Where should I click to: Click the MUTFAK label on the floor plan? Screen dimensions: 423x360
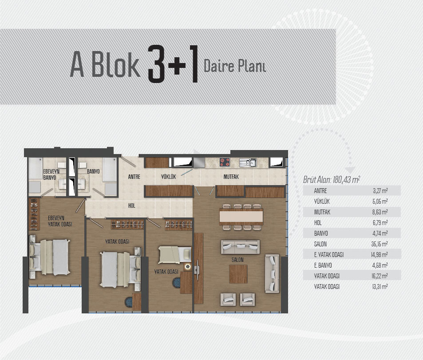point(231,177)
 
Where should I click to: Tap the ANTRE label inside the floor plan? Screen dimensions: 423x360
point(134,177)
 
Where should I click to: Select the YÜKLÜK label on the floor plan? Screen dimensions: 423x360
point(168,177)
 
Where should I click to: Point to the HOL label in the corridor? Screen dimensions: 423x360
point(132,206)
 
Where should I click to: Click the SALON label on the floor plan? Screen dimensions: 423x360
point(237,260)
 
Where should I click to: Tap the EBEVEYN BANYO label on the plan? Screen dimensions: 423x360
point(51,174)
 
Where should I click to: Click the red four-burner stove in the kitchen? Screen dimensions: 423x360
point(225,162)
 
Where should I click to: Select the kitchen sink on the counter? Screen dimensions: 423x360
point(248,162)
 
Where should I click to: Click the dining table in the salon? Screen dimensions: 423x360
point(241,216)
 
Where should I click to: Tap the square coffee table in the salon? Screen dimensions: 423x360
point(238,274)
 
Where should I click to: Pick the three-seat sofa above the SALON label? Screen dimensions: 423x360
point(241,247)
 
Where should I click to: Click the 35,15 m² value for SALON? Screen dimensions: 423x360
point(380,244)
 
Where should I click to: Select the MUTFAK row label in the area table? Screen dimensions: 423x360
point(322,212)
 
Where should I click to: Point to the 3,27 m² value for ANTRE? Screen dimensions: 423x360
point(380,191)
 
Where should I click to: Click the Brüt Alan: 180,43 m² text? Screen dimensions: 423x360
point(332,179)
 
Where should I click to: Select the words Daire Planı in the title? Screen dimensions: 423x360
point(235,66)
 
